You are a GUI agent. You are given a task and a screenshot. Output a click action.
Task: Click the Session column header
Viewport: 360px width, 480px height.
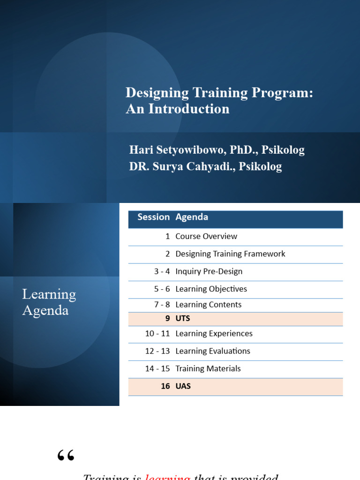pyautogui.click(x=153, y=217)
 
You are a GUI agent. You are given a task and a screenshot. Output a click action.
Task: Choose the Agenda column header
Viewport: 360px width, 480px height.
pyautogui.click(x=192, y=217)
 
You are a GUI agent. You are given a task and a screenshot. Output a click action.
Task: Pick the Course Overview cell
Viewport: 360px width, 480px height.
pyautogui.click(x=206, y=236)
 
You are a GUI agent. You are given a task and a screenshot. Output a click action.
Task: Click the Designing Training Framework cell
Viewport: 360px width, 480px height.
pyautogui.click(x=230, y=254)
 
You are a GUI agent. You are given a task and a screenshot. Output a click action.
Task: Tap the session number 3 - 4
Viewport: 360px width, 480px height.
pyautogui.click(x=162, y=271)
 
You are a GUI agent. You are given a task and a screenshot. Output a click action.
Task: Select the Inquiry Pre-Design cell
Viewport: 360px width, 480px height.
pyautogui.click(x=209, y=271)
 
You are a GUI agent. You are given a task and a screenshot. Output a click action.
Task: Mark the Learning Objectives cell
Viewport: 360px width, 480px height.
pyautogui.click(x=211, y=289)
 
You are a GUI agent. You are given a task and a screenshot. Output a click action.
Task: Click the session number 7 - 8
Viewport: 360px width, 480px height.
pyautogui.click(x=162, y=305)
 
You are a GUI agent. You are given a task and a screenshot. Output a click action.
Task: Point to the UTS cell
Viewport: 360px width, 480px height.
pyautogui.click(x=182, y=319)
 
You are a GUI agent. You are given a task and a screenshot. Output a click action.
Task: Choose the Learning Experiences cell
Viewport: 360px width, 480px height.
pyautogui.click(x=214, y=333)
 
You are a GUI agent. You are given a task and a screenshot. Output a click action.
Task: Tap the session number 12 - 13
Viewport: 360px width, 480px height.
pyautogui.click(x=157, y=351)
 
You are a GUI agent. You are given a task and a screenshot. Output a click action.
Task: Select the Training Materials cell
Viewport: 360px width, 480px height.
pyautogui.click(x=208, y=368)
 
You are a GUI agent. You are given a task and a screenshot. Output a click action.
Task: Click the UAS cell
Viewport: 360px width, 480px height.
pyautogui.click(x=183, y=386)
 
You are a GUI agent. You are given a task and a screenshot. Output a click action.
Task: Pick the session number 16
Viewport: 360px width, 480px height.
pyautogui.click(x=165, y=386)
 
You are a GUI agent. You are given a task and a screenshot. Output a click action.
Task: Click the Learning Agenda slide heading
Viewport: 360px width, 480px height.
pyautogui.click(x=49, y=302)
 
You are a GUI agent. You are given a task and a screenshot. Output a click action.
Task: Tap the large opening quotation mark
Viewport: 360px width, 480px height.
pyautogui.click(x=66, y=455)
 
